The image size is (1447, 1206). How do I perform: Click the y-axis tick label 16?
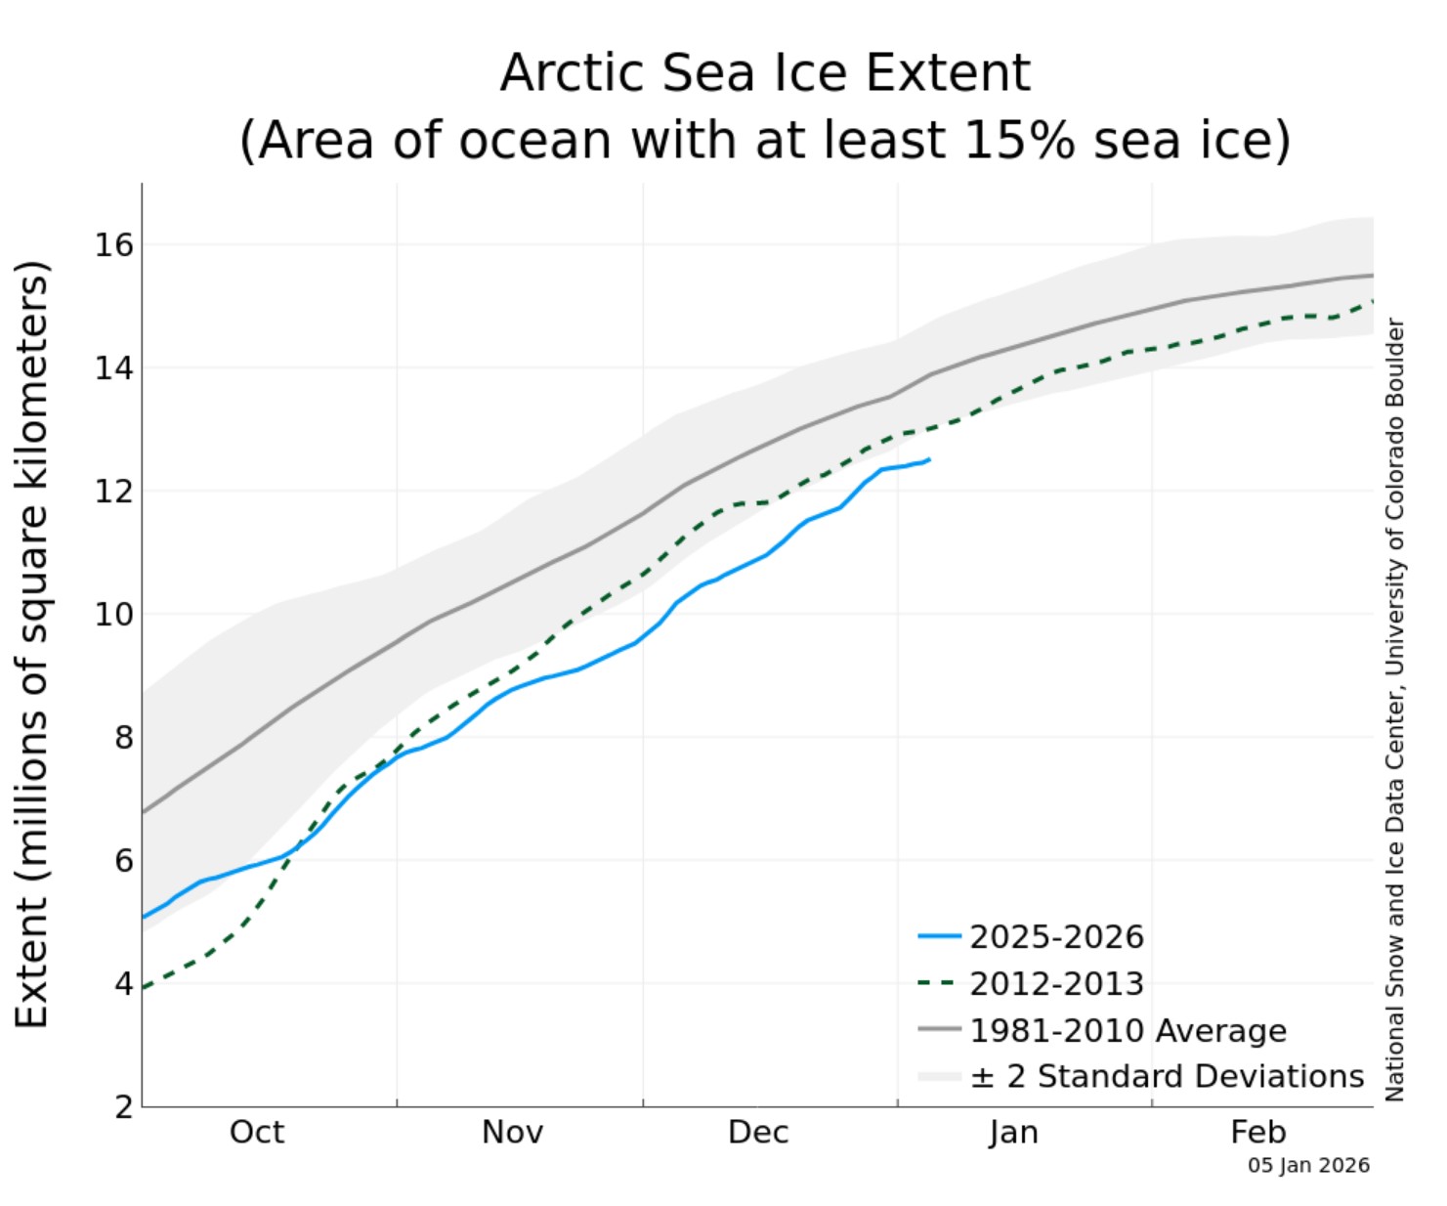(x=113, y=244)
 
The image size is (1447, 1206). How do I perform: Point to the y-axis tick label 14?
(x=113, y=367)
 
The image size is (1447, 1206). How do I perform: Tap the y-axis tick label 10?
(x=113, y=614)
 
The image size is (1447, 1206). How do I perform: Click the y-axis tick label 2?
(x=123, y=1107)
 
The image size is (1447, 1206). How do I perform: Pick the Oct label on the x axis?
(x=257, y=1132)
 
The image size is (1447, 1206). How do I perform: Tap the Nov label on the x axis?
(x=512, y=1132)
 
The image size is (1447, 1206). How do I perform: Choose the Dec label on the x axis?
(x=758, y=1132)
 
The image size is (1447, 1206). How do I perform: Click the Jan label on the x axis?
(x=1013, y=1132)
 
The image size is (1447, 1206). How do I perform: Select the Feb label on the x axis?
(x=1258, y=1132)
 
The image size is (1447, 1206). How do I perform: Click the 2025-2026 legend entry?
(x=1056, y=937)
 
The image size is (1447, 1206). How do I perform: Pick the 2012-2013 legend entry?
(x=1056, y=983)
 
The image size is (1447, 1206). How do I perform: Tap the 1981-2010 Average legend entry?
(x=1128, y=1030)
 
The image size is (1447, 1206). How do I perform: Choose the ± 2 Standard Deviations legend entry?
(x=1167, y=1076)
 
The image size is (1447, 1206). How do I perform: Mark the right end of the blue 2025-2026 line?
(x=929, y=459)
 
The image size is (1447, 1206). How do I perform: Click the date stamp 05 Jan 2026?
(x=1308, y=1165)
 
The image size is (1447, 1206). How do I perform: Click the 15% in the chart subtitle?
(x=1019, y=140)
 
